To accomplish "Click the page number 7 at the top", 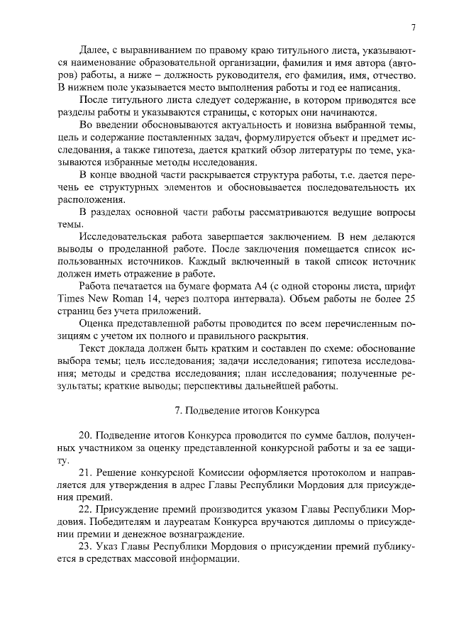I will tap(412, 28).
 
